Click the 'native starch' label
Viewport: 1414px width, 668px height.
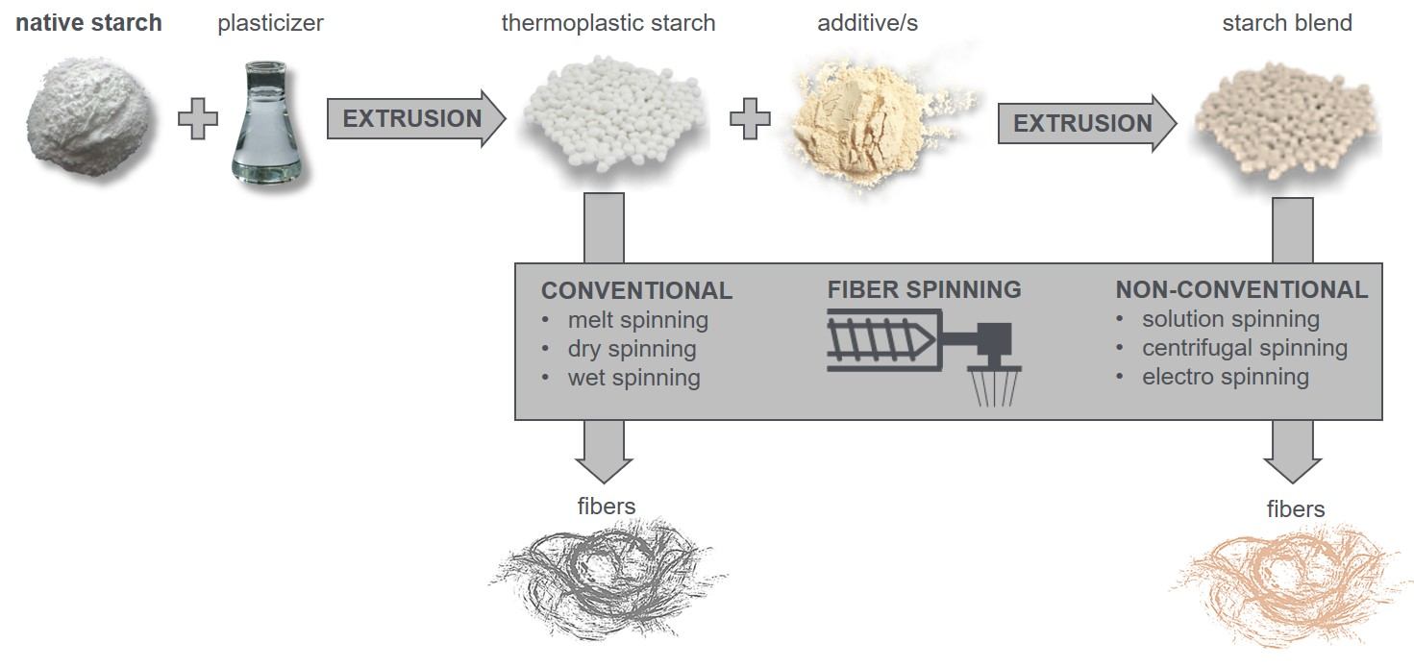(x=88, y=23)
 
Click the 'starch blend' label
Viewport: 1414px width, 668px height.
(x=1286, y=23)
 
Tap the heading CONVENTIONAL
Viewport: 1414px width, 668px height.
(x=636, y=290)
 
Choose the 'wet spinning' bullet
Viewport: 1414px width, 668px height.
(x=633, y=378)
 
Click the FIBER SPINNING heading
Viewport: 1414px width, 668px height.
(x=924, y=289)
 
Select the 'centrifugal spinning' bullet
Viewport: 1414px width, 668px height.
(x=1244, y=348)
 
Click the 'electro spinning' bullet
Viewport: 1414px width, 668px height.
(x=1225, y=377)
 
